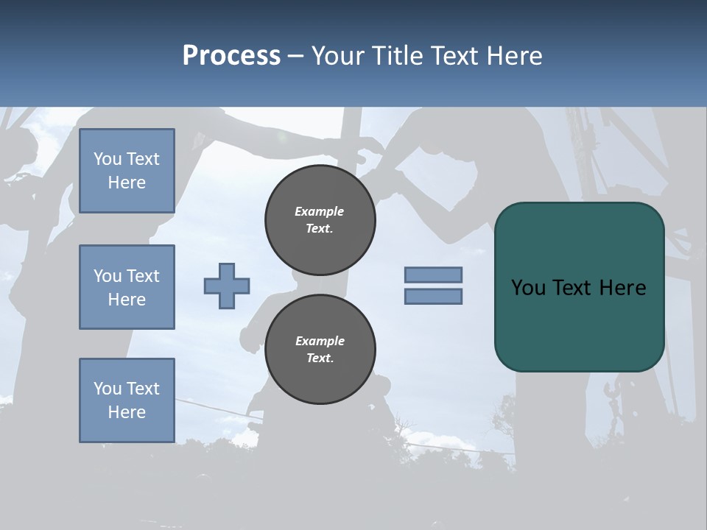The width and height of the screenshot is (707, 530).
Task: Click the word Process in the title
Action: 231,56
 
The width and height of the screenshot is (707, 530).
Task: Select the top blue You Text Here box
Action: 127,171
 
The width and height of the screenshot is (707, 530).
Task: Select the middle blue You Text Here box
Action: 127,287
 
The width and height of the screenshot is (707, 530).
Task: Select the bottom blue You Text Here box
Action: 127,400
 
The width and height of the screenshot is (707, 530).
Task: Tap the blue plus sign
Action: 227,286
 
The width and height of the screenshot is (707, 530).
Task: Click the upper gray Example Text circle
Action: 320,220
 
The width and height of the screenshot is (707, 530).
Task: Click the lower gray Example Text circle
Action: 320,350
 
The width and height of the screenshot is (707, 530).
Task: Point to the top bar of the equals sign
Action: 433,275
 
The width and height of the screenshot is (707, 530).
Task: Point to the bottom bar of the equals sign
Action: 433,297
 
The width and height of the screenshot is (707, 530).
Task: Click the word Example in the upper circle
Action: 320,211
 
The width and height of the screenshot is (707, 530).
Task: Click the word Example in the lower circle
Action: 320,341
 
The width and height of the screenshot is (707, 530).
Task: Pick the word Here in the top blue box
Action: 127,183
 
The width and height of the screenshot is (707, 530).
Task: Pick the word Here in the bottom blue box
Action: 127,412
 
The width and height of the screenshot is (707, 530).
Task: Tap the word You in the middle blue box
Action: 107,276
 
